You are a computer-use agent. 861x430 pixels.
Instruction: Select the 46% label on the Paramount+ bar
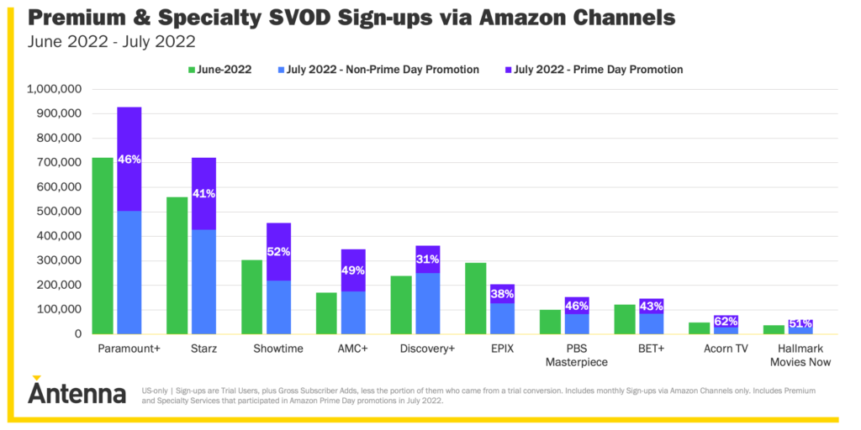pos(129,159)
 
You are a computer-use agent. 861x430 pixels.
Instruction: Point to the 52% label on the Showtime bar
pos(279,251)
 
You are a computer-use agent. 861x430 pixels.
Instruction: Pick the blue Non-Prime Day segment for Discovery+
pos(427,303)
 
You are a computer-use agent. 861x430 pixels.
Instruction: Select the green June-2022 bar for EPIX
pos(475,298)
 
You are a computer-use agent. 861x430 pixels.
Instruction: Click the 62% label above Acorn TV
pos(726,321)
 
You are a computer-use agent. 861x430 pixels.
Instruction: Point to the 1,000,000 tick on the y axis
pos(54,89)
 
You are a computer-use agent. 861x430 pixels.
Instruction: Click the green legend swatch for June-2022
pos(192,70)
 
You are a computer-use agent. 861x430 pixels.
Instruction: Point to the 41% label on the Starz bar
pos(204,194)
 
